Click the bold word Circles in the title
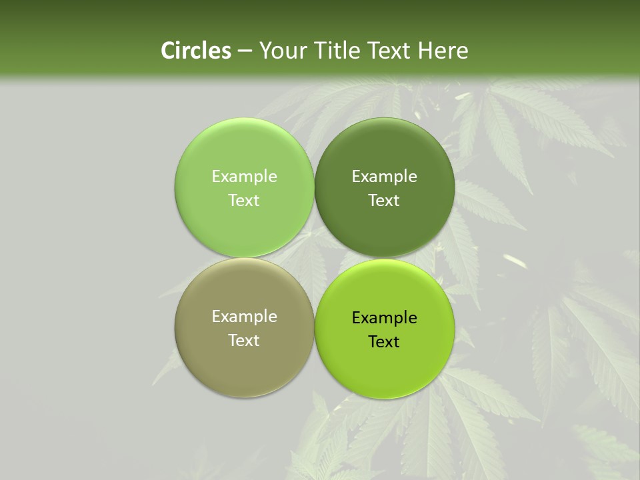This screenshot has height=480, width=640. click(196, 51)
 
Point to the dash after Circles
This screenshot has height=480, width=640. click(245, 51)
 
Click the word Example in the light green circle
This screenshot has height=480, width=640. click(244, 176)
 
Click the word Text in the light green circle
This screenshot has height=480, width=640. click(244, 200)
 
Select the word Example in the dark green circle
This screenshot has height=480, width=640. click(385, 176)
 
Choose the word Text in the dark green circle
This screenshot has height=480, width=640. click(385, 200)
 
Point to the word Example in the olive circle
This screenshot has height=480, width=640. click(244, 316)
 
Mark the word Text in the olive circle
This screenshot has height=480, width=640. click(244, 340)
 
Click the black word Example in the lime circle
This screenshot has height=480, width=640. click(385, 317)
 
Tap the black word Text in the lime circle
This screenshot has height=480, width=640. click(385, 341)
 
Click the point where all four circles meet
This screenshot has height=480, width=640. click(315, 258)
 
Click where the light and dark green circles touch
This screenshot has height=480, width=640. click(315, 187)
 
